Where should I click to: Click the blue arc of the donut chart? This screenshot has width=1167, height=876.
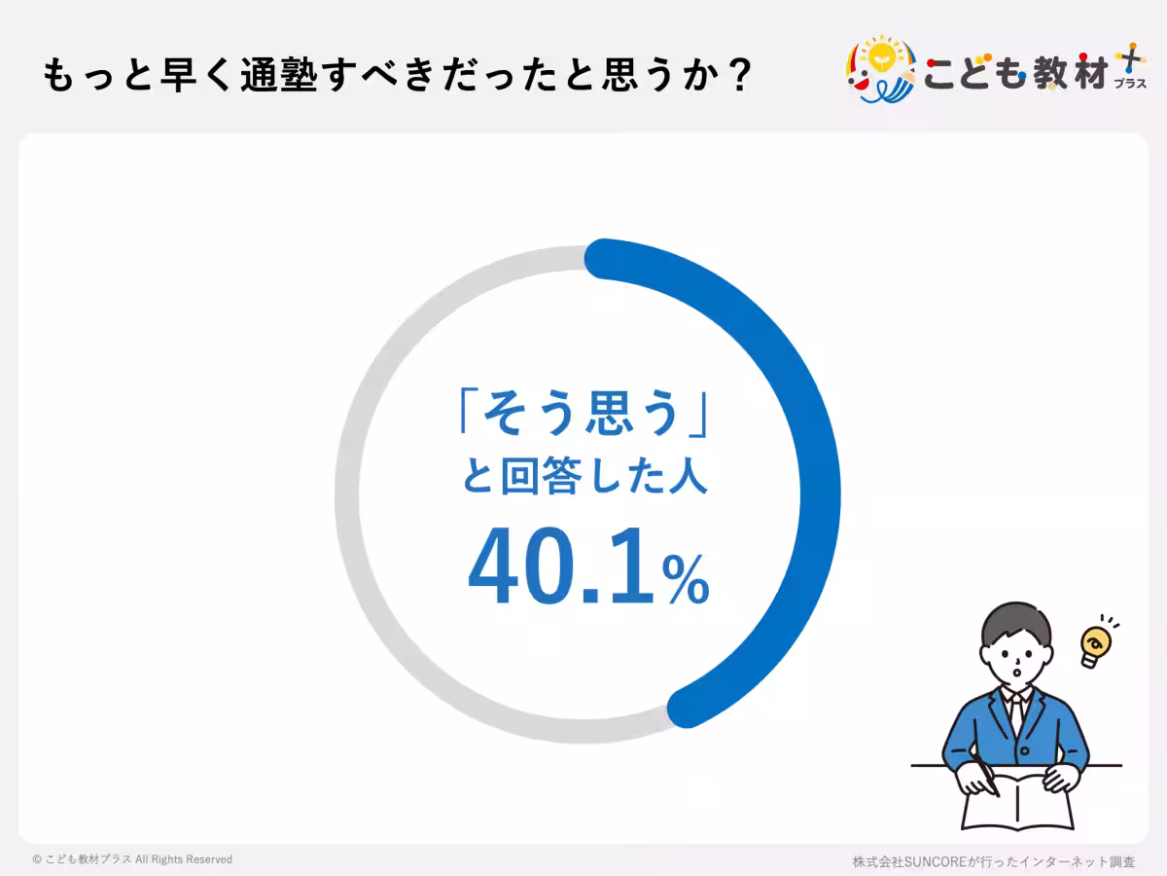coord(815,448)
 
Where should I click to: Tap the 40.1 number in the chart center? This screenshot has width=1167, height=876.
coord(559,570)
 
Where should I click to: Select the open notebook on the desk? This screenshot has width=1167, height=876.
coord(1016,803)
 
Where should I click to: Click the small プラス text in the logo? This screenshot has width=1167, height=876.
coord(1129,84)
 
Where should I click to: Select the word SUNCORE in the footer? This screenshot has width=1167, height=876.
coord(935,861)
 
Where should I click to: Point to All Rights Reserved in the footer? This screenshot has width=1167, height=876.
coord(184,860)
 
